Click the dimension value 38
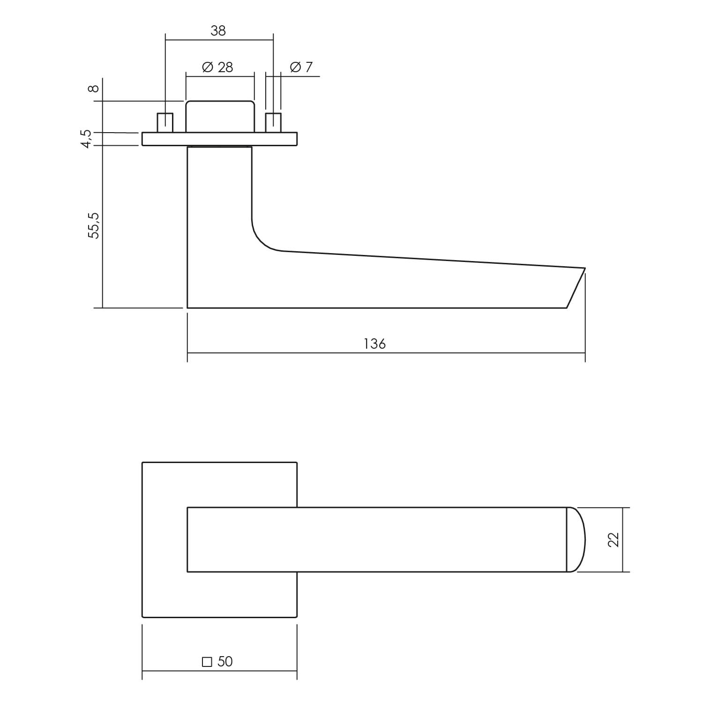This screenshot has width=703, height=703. coord(218,31)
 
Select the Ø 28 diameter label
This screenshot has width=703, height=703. coord(217,67)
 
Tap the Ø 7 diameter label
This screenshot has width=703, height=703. coord(301,67)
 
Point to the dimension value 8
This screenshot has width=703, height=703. coord(94,89)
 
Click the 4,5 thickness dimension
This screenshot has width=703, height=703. coord(87,139)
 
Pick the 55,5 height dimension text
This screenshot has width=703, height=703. coord(94,225)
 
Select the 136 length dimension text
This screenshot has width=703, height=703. coord(374,344)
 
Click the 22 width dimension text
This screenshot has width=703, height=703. coord(613,539)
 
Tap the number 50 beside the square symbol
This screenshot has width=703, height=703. coord(225,661)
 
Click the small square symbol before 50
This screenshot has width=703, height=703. coord(207,662)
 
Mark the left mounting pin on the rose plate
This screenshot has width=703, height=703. coord(165,123)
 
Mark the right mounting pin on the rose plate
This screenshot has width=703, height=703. coord(273,123)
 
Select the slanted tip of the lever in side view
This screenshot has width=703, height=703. coord(576,288)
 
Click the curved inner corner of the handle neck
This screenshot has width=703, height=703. coord(262,239)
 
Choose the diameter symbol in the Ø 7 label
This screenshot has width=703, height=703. coord(295,67)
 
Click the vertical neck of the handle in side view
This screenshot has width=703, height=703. coord(219,197)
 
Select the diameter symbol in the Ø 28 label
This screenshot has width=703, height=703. coord(208,67)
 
